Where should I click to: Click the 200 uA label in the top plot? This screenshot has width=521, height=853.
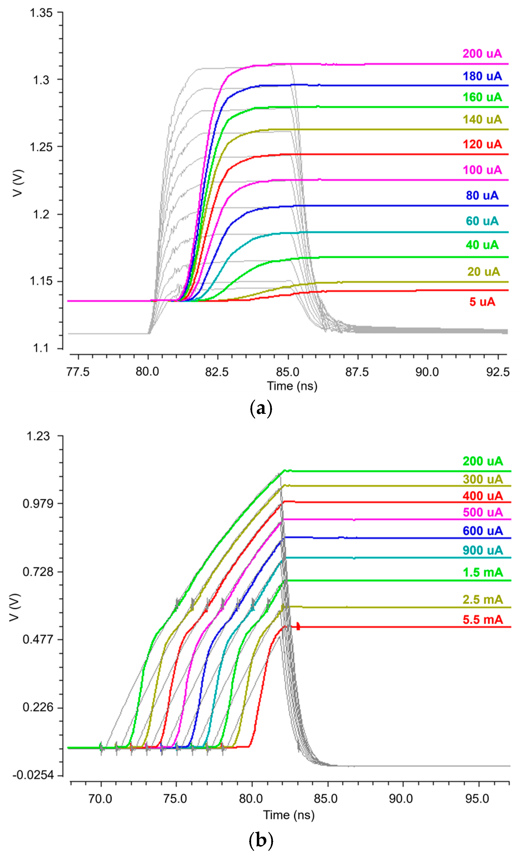click(482, 54)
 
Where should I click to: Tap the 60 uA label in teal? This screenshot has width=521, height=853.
click(482, 221)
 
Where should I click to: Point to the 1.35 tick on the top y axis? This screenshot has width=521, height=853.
click(41, 13)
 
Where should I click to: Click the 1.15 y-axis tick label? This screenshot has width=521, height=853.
click(41, 281)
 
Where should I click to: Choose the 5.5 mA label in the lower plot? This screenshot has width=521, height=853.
click(482, 620)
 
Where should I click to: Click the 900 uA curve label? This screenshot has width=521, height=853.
click(482, 550)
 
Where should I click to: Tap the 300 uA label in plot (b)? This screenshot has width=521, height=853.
click(482, 479)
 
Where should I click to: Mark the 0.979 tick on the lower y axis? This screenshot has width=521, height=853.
click(38, 504)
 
